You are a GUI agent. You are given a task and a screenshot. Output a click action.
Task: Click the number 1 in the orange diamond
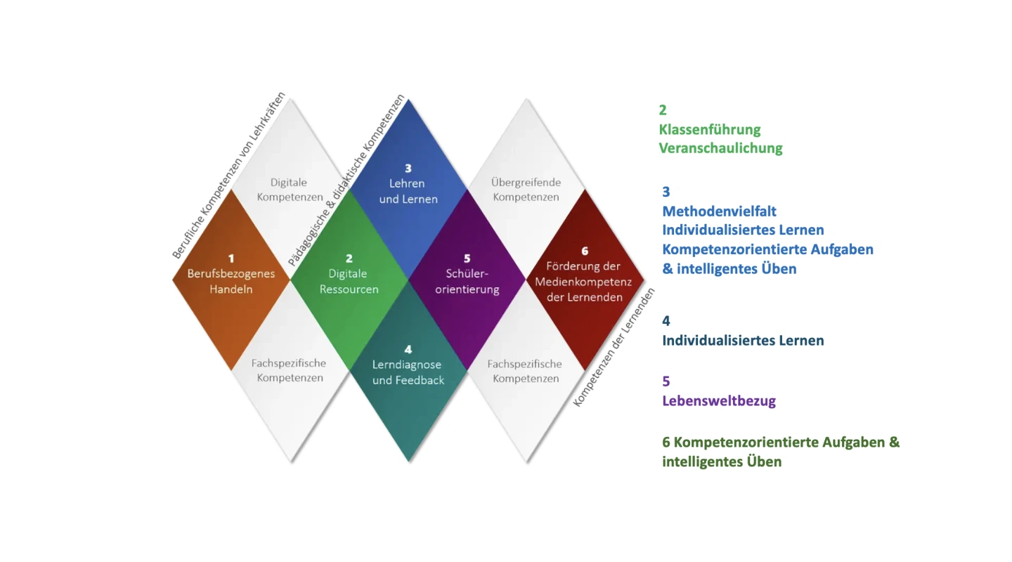(x=231, y=259)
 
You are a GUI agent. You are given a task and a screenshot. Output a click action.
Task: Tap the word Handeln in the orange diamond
(x=231, y=289)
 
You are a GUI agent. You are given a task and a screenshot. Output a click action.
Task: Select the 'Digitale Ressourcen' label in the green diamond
(x=349, y=282)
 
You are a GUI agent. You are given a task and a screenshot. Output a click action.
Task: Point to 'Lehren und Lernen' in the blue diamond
(x=408, y=192)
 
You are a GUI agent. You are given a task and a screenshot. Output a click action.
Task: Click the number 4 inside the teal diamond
(x=408, y=349)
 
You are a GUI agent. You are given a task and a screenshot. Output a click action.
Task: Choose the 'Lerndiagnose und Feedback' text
(x=408, y=372)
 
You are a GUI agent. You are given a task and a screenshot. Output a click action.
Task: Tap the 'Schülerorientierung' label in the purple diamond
(x=467, y=281)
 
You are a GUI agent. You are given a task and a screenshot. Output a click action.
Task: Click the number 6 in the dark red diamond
(x=585, y=251)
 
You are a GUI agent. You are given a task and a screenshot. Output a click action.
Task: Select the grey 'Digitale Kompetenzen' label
(x=290, y=190)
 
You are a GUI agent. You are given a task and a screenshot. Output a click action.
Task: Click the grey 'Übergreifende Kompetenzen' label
(x=526, y=190)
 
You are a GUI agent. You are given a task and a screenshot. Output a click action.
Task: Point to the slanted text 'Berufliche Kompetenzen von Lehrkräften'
(x=229, y=176)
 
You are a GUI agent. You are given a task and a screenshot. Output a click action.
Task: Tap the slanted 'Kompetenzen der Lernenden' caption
(x=614, y=347)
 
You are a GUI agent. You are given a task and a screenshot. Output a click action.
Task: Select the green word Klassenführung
(x=710, y=129)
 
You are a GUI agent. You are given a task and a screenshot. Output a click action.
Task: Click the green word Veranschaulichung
(x=720, y=148)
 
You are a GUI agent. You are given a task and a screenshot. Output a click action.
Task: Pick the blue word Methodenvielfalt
(x=719, y=211)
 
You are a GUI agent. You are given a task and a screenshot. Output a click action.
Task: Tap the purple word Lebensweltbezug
(x=719, y=401)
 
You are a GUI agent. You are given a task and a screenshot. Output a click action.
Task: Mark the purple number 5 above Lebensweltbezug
(x=666, y=381)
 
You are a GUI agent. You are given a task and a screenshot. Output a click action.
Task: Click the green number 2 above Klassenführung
(x=663, y=110)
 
